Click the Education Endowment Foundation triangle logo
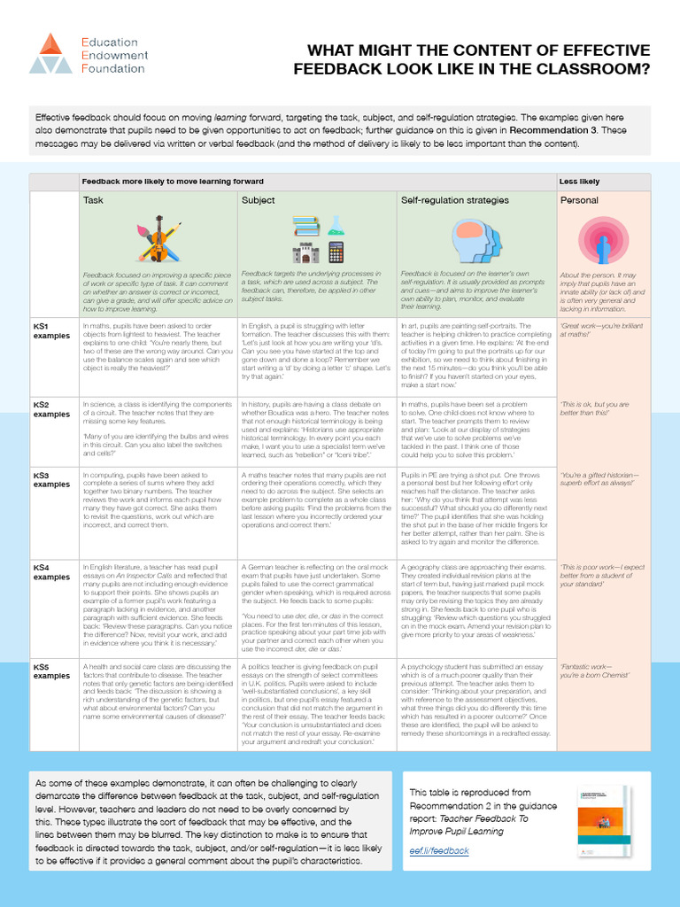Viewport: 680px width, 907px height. coord(50,53)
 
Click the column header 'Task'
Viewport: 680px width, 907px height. coord(93,200)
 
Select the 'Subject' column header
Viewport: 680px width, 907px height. coord(259,200)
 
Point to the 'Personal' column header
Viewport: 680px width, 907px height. coord(579,200)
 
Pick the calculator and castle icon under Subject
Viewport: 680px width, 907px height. coord(318,240)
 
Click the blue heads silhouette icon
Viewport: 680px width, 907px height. coord(476,240)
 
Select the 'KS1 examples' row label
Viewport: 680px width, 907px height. coord(51,330)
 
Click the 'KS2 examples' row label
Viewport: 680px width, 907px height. coord(51,409)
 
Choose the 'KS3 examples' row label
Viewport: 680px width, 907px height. coord(51,480)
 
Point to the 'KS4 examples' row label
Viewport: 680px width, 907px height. coord(51,571)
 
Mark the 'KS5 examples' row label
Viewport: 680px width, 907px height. coord(51,671)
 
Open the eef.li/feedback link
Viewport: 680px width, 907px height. coord(439,850)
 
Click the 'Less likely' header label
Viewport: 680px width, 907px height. coord(579,182)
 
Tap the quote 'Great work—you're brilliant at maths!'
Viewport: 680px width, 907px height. coord(599,330)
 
